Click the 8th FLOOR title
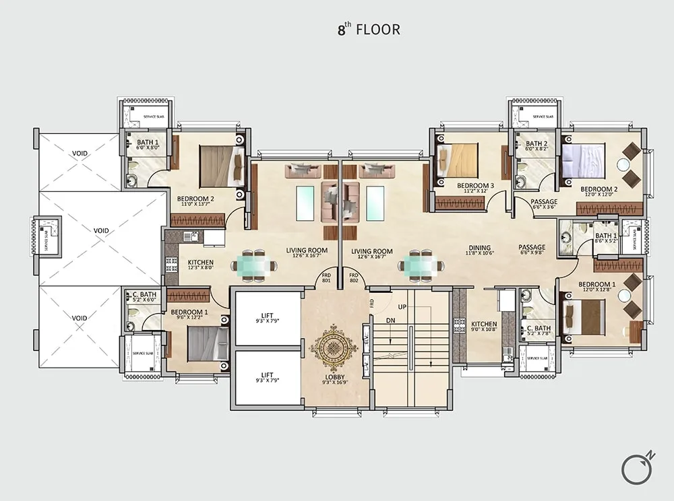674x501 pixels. click(x=369, y=30)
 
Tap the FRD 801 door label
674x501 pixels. click(x=326, y=278)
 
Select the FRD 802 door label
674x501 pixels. click(x=353, y=278)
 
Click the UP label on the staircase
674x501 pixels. click(x=402, y=307)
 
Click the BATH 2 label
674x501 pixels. click(x=537, y=145)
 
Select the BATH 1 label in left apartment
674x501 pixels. click(x=148, y=144)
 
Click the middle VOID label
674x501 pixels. click(x=101, y=230)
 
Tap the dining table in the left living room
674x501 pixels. click(x=253, y=265)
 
